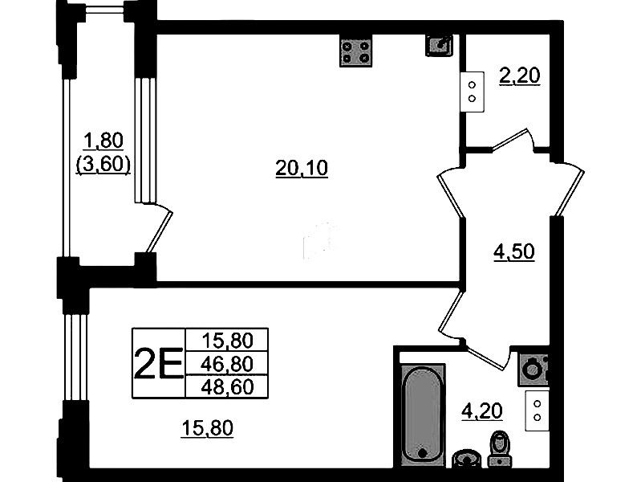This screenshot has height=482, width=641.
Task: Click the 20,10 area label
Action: coord(302,168)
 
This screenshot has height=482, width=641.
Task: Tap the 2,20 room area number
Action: coord(520,76)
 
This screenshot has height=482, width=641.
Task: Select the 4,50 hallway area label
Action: coord(514,252)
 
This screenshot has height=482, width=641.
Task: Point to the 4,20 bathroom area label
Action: coord(482,411)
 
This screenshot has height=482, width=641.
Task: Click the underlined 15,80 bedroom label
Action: coord(207,428)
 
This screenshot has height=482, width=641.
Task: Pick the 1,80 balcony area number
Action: coord(103,141)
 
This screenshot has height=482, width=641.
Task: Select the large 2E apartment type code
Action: coord(158,363)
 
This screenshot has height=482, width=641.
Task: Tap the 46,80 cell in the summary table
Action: coord(227,364)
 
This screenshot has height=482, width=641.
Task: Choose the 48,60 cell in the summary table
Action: coord(227,386)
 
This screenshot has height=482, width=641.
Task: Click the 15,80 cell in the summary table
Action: coord(227,341)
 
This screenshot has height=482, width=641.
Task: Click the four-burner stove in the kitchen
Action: coord(355,51)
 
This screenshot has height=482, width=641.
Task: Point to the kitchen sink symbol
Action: coord(439,45)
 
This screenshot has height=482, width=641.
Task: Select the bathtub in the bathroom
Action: coord(422,414)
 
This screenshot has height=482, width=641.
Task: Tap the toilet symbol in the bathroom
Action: coord(499,449)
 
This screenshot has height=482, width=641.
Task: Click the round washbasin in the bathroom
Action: coord(467,458)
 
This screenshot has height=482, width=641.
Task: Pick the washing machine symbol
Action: coord(533,370)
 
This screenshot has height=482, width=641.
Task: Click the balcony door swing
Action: coord(160,228)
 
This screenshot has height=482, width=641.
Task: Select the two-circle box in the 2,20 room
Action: coord(473,92)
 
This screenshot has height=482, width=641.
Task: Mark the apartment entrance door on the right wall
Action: coord(569,190)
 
